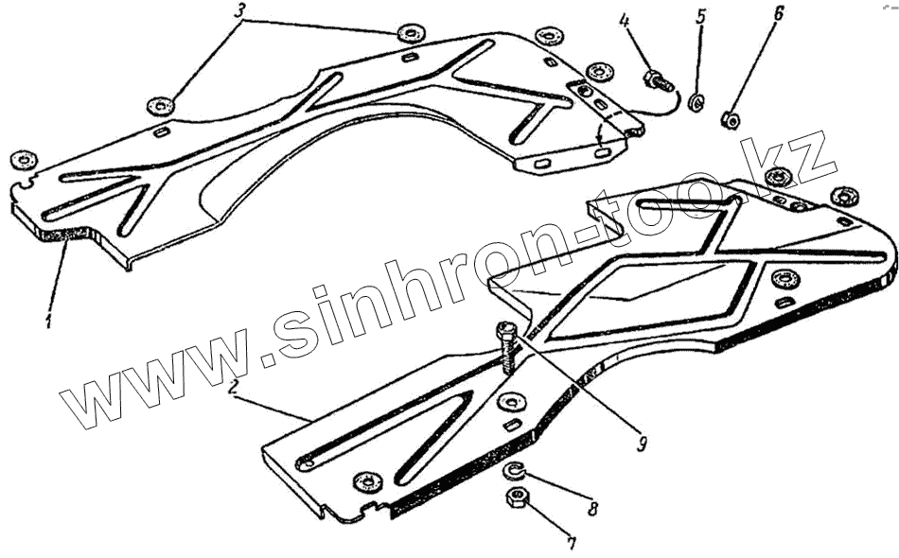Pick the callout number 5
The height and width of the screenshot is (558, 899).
(x=700, y=18)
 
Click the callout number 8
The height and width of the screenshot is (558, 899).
(x=591, y=511)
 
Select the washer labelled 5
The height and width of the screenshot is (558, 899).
(x=696, y=102)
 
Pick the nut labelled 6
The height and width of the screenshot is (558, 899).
(x=729, y=119)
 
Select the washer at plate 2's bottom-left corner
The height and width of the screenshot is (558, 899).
(x=364, y=482)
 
